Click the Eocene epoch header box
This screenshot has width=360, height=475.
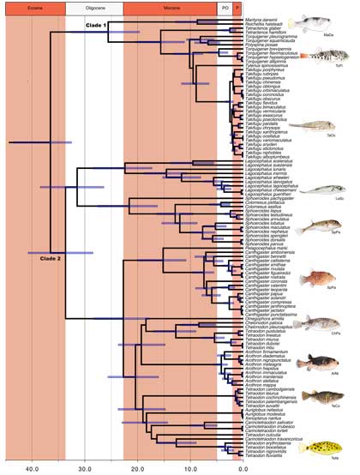click(34, 8)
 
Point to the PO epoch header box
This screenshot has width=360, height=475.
click(225, 8)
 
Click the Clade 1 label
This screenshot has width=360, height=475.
click(95, 26)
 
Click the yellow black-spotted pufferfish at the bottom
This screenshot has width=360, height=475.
click(326, 445)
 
